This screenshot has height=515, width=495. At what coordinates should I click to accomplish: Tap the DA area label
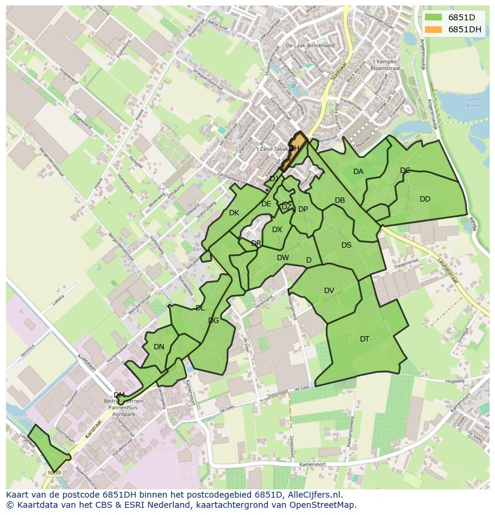tap(358, 172)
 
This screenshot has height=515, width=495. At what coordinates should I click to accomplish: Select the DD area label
tap(425, 199)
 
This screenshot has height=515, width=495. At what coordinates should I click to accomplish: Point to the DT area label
tap(365, 339)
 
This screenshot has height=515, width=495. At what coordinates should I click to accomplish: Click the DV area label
tap(329, 291)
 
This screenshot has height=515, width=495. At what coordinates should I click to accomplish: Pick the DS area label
tap(347, 245)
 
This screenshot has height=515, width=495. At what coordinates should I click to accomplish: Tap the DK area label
tap(234, 213)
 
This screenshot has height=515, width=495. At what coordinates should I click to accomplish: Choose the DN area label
tap(158, 347)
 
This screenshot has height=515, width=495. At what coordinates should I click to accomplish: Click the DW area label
tap(283, 258)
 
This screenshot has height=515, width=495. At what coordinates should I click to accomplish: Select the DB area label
tap(340, 201)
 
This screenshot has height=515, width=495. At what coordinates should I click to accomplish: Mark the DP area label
tap(303, 209)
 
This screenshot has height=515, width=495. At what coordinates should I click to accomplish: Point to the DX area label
tap(277, 230)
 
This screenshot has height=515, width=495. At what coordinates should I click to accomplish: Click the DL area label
tap(200, 308)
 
